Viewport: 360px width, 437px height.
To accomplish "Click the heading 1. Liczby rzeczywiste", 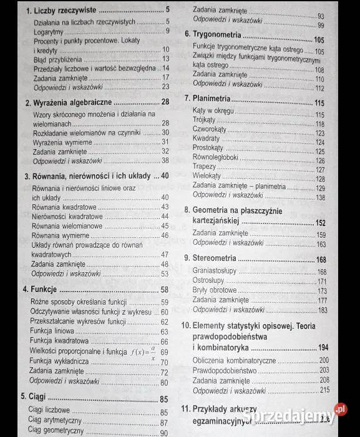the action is pyautogui.click(x=56, y=11).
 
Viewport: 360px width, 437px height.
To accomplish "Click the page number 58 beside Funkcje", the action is pyautogui.click(x=164, y=290).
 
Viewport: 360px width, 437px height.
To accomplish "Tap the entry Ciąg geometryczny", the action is pyautogui.click(x=56, y=432).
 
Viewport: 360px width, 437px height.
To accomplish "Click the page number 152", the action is pyautogui.click(x=321, y=223).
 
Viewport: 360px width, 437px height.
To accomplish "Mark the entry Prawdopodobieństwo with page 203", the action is pyautogui.click(x=225, y=370).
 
